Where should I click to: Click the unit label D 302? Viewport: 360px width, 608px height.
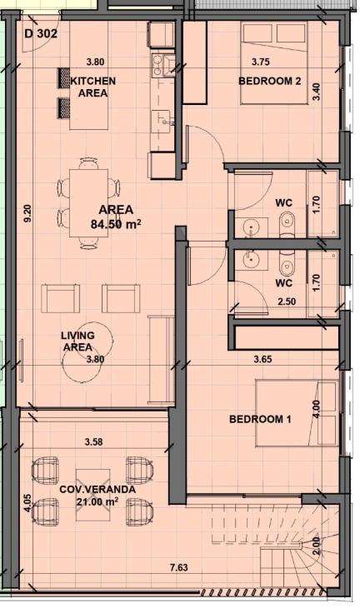(41, 34)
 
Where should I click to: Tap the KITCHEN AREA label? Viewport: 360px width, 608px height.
(93, 87)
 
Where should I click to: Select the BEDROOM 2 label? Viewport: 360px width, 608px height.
(270, 81)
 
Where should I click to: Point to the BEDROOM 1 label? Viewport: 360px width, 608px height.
(260, 419)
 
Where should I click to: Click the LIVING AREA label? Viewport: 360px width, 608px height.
(77, 341)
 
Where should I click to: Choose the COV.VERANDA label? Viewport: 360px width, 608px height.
(97, 490)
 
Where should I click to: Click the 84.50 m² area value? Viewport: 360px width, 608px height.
(116, 224)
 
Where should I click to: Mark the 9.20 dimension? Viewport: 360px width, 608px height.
(27, 214)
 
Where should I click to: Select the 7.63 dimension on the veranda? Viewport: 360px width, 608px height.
(179, 568)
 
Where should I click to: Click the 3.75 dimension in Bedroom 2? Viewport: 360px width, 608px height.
(261, 62)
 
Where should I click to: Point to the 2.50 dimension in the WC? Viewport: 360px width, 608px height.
(287, 302)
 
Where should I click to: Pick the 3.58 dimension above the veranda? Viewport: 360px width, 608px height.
(94, 441)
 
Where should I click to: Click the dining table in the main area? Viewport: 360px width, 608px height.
(88, 202)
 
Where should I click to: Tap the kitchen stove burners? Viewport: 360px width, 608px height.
(157, 66)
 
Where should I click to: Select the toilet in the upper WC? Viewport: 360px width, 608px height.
(287, 224)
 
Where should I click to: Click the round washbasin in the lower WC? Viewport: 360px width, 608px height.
(252, 259)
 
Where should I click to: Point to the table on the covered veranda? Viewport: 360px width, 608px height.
(92, 496)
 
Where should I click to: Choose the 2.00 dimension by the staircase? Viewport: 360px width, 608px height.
(316, 546)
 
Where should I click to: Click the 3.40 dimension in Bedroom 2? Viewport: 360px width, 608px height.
(317, 92)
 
